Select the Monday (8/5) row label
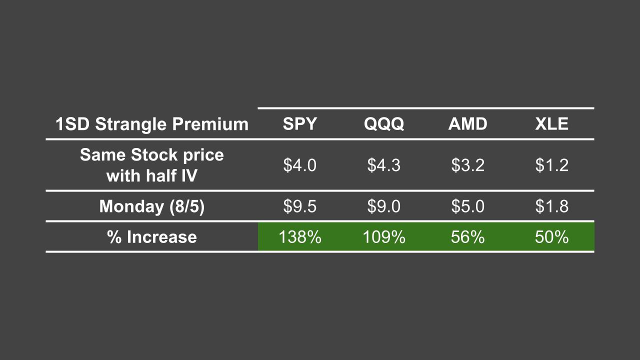coord(152,206)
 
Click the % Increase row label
coord(152,236)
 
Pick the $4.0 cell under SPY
coord(300,165)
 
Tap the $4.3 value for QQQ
coord(384,165)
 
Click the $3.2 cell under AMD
coord(467,165)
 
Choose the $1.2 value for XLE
coord(551,165)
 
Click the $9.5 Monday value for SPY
coord(300,206)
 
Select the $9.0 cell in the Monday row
coord(384,206)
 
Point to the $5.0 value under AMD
coord(467,206)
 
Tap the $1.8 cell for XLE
coord(551,206)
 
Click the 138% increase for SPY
coord(300,236)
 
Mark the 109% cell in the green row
coord(384,236)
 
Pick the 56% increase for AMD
coord(467,236)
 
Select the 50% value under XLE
coord(551,236)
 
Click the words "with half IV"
coord(152,175)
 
